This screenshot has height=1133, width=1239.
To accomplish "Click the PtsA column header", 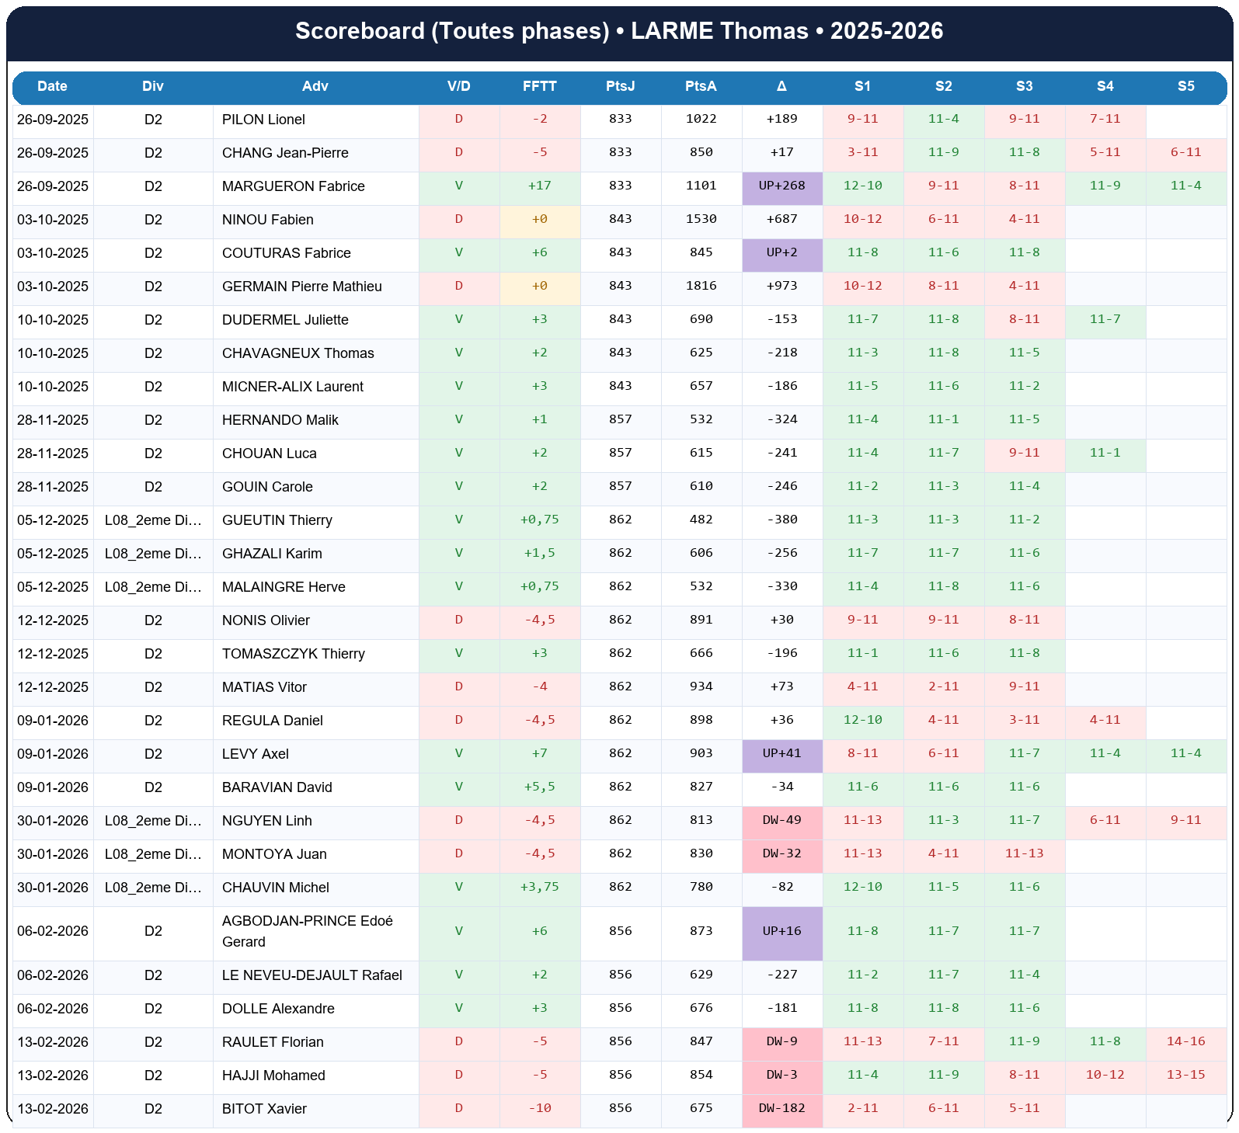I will tap(701, 86).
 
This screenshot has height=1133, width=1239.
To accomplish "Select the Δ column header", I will tap(781, 86).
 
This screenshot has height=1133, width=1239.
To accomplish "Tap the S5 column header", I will tap(1185, 86).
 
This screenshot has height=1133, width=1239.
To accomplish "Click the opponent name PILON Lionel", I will tap(263, 120).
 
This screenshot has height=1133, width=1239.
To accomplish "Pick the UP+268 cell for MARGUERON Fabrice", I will tap(782, 186).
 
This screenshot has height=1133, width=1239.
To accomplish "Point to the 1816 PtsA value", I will tap(701, 287).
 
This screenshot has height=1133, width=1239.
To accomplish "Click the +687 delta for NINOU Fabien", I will tap(782, 220).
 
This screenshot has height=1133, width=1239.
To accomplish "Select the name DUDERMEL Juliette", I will tap(285, 320).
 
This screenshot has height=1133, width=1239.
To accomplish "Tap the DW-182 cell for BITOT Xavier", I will tap(782, 1109).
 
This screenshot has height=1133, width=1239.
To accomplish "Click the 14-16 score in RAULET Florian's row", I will tap(1185, 1042).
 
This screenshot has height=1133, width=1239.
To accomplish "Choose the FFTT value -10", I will tap(540, 1109).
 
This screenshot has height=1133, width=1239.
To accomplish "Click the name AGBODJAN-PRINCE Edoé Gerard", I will tap(307, 931).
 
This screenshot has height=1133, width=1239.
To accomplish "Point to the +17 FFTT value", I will tap(540, 186).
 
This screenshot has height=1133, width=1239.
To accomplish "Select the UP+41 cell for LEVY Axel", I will tap(782, 754).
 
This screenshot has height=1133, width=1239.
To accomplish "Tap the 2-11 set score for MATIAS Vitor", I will tap(943, 687).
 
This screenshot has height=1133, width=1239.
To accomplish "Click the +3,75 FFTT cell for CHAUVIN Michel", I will tap(540, 888).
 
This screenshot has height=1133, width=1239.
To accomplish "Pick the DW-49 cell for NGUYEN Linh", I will tap(782, 821).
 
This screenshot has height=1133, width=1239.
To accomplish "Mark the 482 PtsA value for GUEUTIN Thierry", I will tap(701, 520).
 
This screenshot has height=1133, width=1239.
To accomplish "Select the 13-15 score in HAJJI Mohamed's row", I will tap(1185, 1076).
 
